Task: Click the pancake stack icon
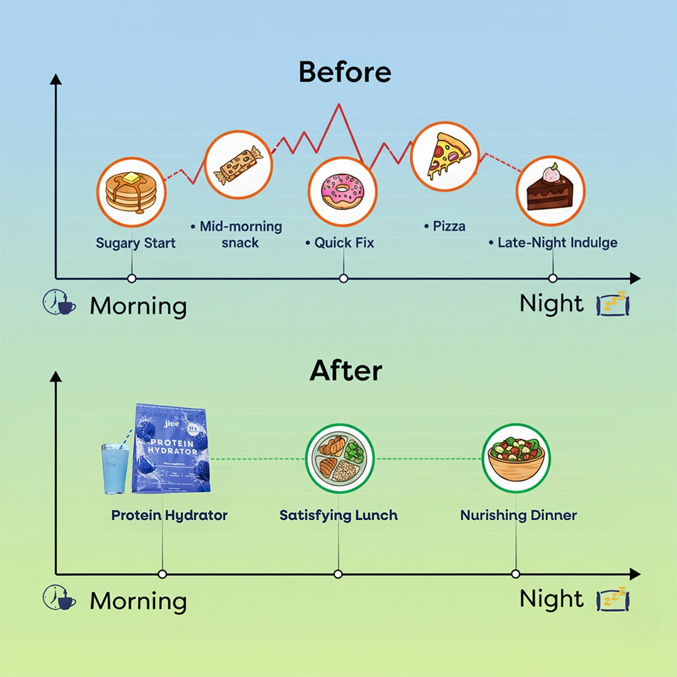click(x=131, y=191)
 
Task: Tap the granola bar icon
click(x=239, y=165)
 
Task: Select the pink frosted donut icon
click(x=343, y=191)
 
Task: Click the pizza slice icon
click(x=445, y=157)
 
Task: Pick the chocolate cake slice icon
click(x=550, y=190)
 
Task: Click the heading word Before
click(x=345, y=72)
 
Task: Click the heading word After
click(x=345, y=371)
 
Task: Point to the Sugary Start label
click(x=136, y=243)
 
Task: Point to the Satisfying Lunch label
click(x=338, y=515)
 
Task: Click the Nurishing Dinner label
click(x=518, y=515)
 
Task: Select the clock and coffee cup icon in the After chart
click(x=59, y=599)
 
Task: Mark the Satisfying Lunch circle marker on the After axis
click(x=338, y=574)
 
